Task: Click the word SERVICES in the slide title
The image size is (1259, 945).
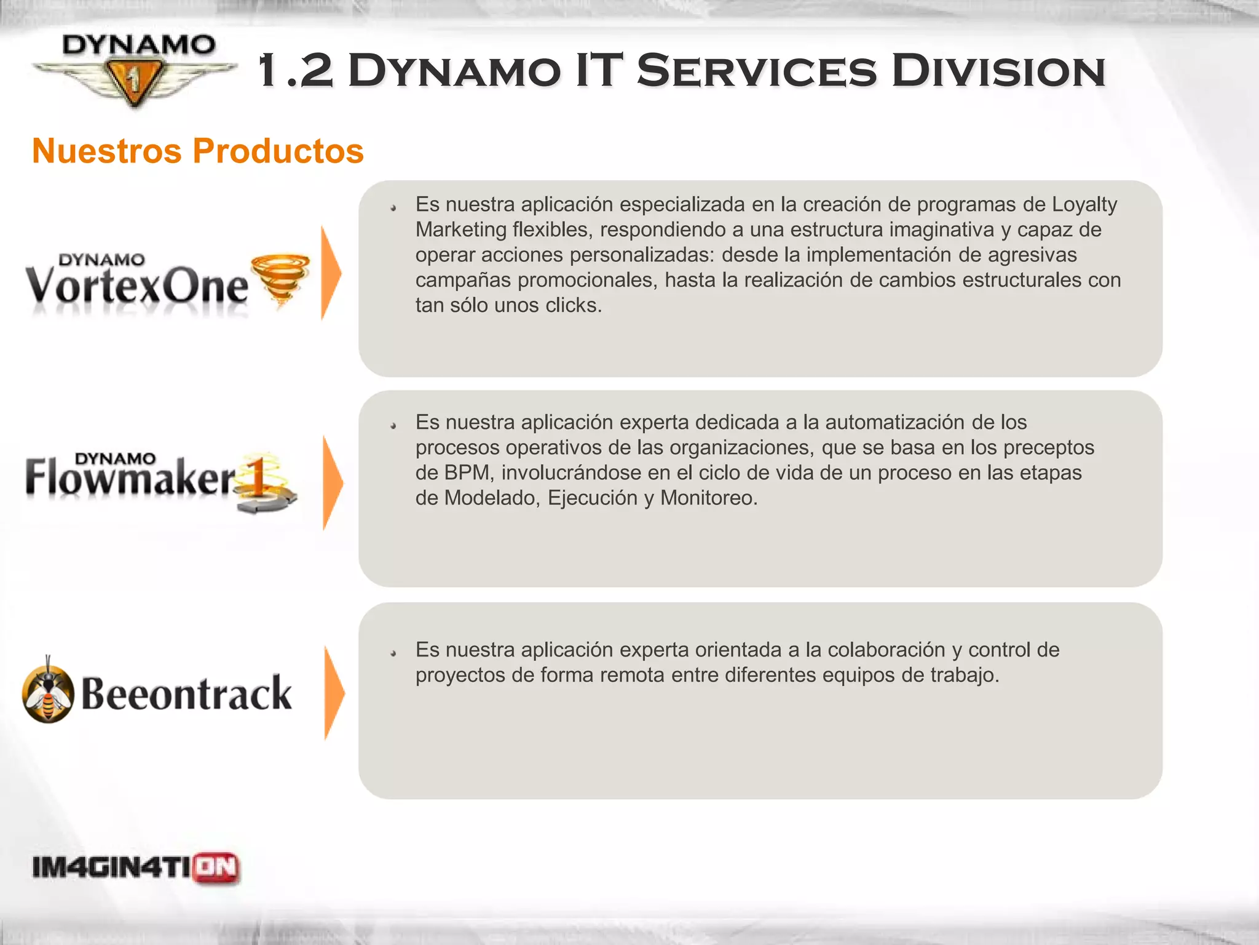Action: pyautogui.click(x=757, y=71)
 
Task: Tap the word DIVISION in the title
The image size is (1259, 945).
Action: pyautogui.click(x=998, y=71)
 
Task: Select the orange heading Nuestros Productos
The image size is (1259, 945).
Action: pyautogui.click(x=197, y=151)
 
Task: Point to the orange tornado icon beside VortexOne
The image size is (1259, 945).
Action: pyautogui.click(x=281, y=280)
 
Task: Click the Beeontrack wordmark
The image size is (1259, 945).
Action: pyautogui.click(x=186, y=693)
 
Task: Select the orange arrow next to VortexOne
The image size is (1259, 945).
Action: pyautogui.click(x=331, y=273)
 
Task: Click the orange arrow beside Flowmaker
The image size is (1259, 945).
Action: pyautogui.click(x=332, y=482)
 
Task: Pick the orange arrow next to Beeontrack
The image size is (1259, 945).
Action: pyautogui.click(x=334, y=693)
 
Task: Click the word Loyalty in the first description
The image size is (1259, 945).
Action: pyautogui.click(x=1084, y=204)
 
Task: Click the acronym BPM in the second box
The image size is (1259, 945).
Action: pyautogui.click(x=468, y=472)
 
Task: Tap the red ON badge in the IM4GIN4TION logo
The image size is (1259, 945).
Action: pyautogui.click(x=216, y=868)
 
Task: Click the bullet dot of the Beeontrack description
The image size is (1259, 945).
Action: pyautogui.click(x=393, y=653)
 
